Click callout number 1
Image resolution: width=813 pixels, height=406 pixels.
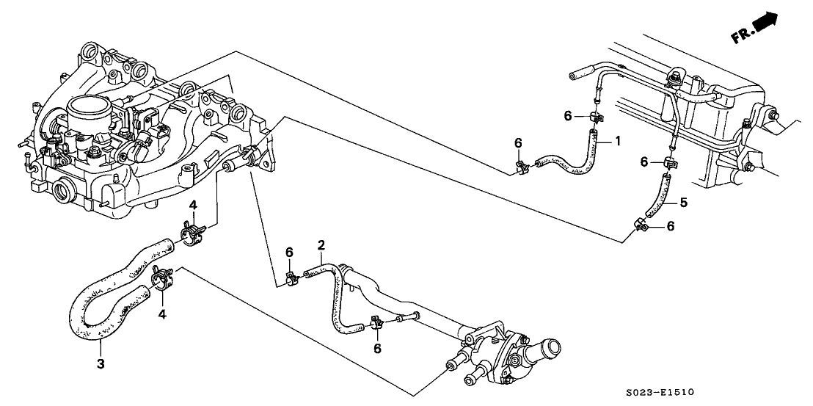(618, 140)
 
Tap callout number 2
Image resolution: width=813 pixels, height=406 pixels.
(321, 244)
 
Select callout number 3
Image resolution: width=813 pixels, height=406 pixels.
(101, 363)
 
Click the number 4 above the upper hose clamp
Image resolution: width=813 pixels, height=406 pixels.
(193, 204)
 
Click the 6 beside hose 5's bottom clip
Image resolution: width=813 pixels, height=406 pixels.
(669, 228)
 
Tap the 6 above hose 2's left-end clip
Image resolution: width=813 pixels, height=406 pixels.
(289, 253)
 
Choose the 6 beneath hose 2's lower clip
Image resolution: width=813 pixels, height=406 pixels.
(377, 348)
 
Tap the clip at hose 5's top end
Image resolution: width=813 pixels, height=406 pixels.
(669, 162)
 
